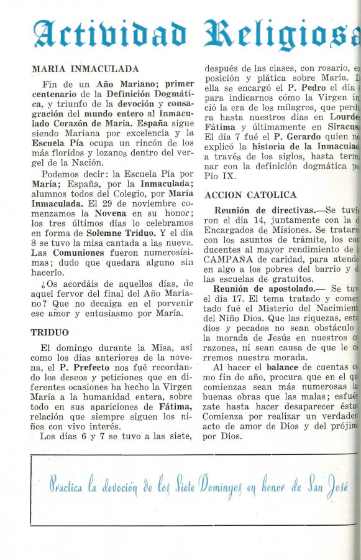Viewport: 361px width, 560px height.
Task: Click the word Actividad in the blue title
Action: (x=109, y=35)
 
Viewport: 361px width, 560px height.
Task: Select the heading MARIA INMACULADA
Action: (x=85, y=69)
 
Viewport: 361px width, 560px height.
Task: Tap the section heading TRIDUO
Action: (x=50, y=332)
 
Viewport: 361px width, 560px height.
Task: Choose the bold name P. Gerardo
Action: (x=297, y=136)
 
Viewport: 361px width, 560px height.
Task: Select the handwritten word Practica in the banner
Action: (x=66, y=486)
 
